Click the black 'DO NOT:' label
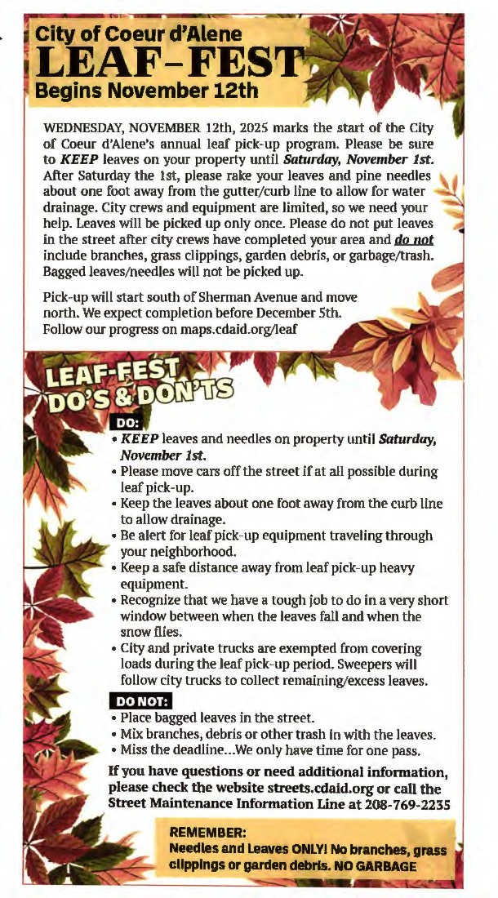[140, 701]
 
